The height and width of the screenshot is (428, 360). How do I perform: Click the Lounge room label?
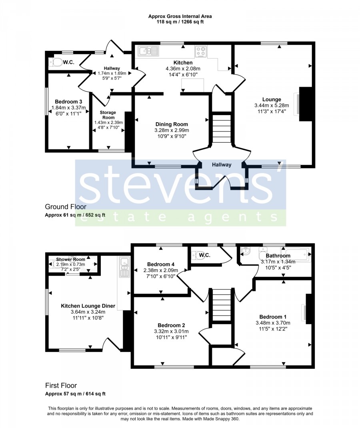pyautogui.click(x=272, y=100)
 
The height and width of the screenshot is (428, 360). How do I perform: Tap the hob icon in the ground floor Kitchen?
pyautogui.click(x=201, y=51)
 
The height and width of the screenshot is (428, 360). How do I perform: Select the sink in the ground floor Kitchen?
pyautogui.click(x=148, y=51)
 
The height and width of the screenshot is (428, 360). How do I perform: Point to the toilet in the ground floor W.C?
pyautogui.click(x=56, y=62)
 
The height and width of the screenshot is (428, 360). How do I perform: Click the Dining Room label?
pyautogui.click(x=172, y=124)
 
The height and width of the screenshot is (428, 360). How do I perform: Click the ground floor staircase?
pyautogui.click(x=222, y=127)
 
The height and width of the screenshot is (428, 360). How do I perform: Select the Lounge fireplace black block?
pyautogui.click(x=306, y=104)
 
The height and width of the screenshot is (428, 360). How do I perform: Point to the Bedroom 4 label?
pyautogui.click(x=161, y=264)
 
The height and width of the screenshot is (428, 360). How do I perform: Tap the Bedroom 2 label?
pyautogui.click(x=171, y=325)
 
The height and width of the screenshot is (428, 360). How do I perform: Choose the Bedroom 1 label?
pyautogui.click(x=273, y=317)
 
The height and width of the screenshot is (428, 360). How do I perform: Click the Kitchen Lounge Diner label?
pyautogui.click(x=88, y=306)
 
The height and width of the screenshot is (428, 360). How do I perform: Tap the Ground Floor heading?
pyautogui.click(x=66, y=207)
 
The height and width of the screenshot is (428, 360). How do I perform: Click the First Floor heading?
pyautogui.click(x=61, y=385)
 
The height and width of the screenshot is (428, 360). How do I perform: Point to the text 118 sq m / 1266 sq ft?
pyautogui.click(x=180, y=22)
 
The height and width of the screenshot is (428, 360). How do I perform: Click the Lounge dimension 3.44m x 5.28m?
pyautogui.click(x=272, y=106)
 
